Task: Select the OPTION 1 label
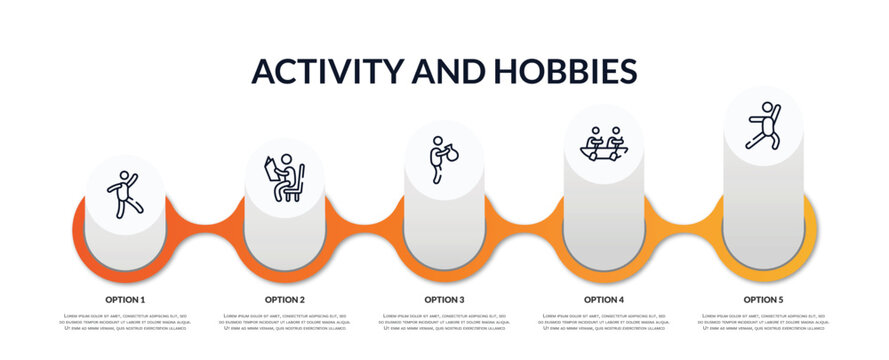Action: (x=125, y=299)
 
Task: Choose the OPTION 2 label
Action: (x=285, y=299)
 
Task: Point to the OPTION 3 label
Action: (x=444, y=299)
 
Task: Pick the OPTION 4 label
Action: (x=604, y=299)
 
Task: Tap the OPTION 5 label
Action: (x=763, y=299)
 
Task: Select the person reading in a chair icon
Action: (x=284, y=178)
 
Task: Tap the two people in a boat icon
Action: (x=603, y=142)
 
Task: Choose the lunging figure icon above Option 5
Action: (x=763, y=125)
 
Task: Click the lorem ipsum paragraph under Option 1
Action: (x=125, y=321)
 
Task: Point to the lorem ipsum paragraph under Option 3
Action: (x=444, y=321)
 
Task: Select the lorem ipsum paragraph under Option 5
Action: (x=763, y=321)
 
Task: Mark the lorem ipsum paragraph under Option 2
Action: (x=285, y=321)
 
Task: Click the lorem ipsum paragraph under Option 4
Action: (x=604, y=321)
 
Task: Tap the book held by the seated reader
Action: (x=270, y=168)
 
